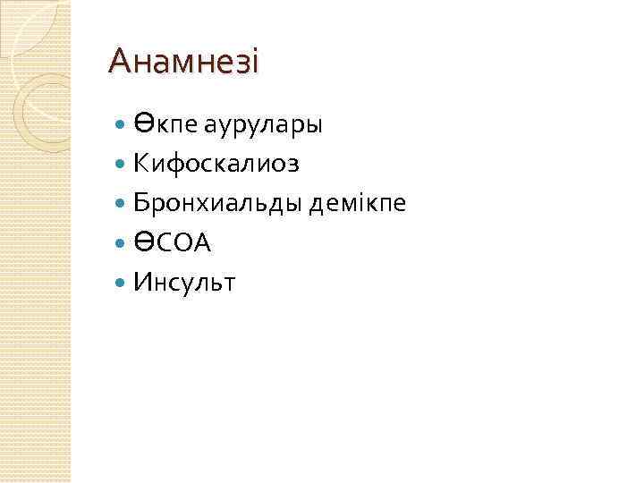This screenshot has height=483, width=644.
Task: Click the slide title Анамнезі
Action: pos(183,62)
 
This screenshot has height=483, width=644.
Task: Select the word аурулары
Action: pos(263,125)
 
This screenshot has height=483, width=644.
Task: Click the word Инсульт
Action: pos(183,284)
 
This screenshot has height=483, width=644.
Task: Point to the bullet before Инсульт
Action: pos(123,284)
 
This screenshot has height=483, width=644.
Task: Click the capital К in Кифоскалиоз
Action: pos(141,165)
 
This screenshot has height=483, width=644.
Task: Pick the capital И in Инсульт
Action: pos(142,284)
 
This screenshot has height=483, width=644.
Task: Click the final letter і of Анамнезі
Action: pos(253,62)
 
